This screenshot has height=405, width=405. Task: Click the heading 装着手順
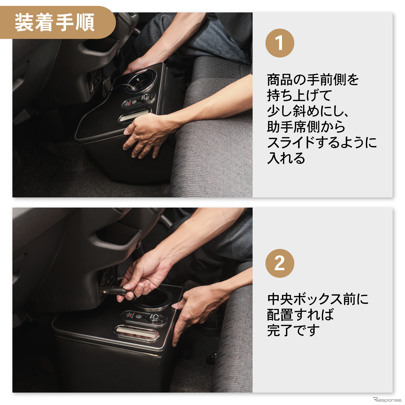point(55,23)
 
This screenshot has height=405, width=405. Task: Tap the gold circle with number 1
point(279,43)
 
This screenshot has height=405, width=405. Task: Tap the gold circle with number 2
point(279,263)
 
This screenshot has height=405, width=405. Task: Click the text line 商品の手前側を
point(313,80)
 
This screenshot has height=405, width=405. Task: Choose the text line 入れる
point(286,158)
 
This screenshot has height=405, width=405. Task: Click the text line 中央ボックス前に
point(318,299)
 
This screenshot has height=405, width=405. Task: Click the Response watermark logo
point(387,400)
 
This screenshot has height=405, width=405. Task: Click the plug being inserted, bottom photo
point(114,291)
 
